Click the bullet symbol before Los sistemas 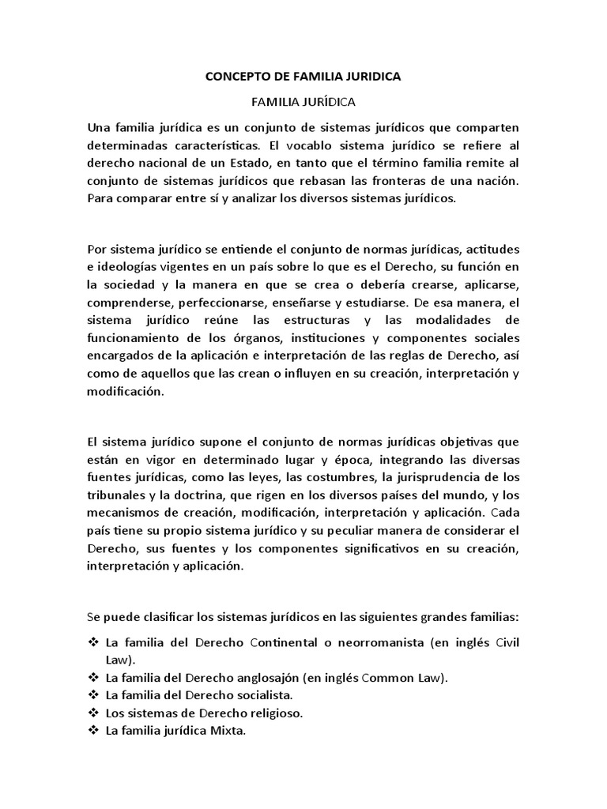pyautogui.click(x=93, y=713)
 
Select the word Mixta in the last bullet pyautogui.click(x=228, y=730)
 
